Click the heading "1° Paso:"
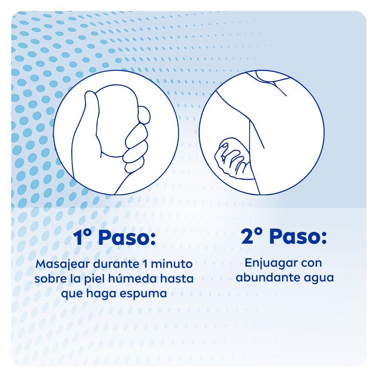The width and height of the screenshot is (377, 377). pyautogui.click(x=115, y=238)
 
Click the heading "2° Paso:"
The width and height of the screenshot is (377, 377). pyautogui.click(x=284, y=237)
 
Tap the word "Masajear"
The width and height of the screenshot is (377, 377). pyautogui.click(x=63, y=264)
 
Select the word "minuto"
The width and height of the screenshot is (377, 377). pyautogui.click(x=172, y=264)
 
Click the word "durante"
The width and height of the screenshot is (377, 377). pyautogui.click(x=116, y=264)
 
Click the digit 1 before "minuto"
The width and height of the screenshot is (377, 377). pyautogui.click(x=145, y=264)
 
